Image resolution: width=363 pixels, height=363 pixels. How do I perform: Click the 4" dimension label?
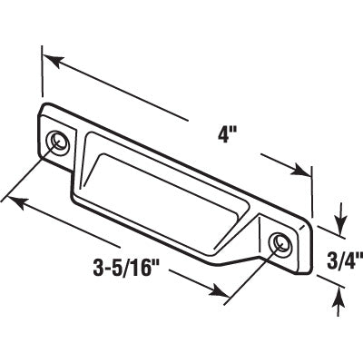(x=227, y=134)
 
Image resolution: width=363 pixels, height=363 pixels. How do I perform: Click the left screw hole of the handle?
(x=58, y=142)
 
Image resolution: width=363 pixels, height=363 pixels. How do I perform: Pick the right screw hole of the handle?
(x=280, y=242)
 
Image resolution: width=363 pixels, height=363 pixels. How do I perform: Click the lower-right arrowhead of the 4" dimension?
(x=301, y=171)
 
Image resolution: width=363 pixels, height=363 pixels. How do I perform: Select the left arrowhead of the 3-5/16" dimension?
(x=17, y=203)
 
